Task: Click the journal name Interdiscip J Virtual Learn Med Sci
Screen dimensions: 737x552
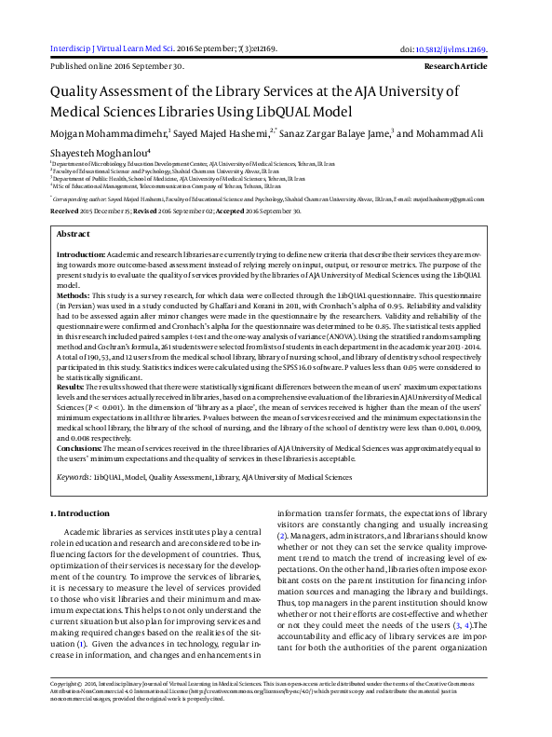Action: (x=113, y=48)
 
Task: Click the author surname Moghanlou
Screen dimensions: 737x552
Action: (x=115, y=153)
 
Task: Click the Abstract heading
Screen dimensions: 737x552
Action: (x=74, y=234)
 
